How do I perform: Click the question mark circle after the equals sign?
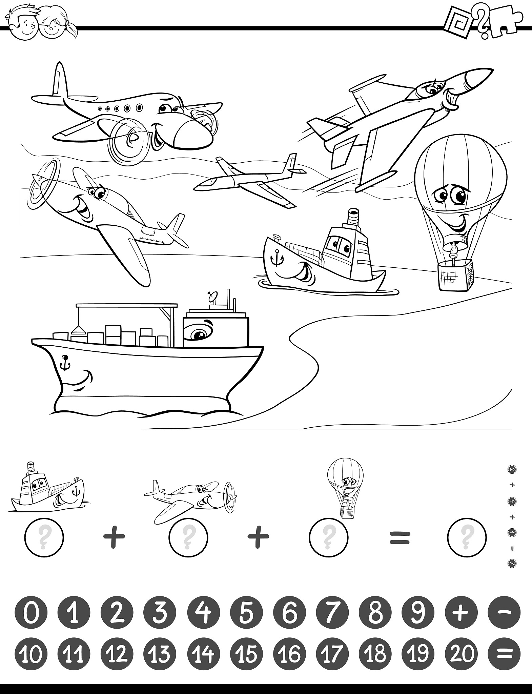pyautogui.click(x=467, y=537)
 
